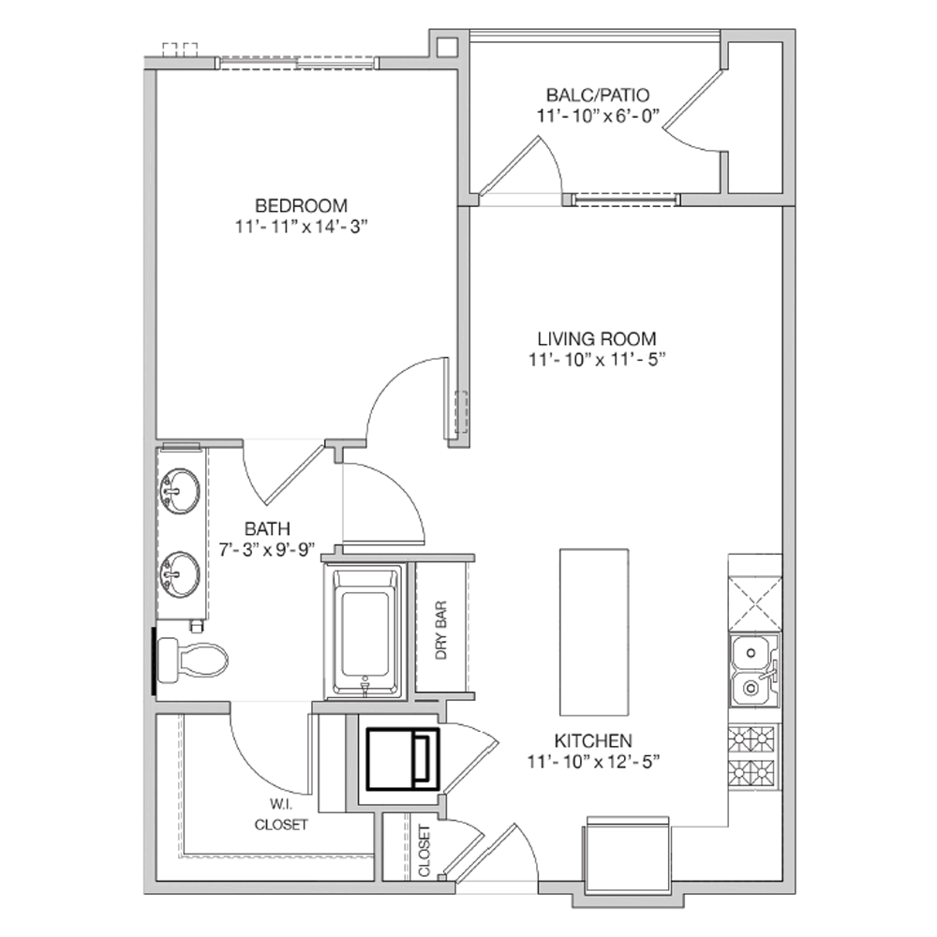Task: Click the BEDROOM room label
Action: [x=301, y=205]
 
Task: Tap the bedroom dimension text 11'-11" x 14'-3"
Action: [x=301, y=227]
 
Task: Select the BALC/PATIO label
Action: [x=598, y=95]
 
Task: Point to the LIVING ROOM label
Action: [x=597, y=339]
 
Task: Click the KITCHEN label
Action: [x=593, y=741]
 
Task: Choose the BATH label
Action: [x=267, y=528]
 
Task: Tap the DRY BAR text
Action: [x=441, y=630]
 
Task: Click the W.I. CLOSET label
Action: [x=281, y=813]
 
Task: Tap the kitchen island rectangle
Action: [x=594, y=632]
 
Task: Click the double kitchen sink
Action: [x=754, y=671]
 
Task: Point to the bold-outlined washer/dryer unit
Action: [x=403, y=759]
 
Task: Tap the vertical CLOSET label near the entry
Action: [x=424, y=851]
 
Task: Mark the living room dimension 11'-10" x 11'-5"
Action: [x=597, y=360]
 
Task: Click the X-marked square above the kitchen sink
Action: [x=754, y=603]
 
